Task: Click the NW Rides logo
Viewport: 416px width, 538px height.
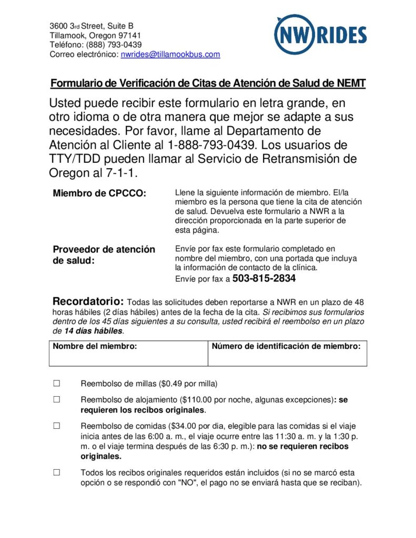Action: click(x=320, y=35)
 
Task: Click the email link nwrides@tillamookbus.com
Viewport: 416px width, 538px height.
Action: click(x=170, y=54)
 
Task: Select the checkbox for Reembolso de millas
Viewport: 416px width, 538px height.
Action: click(x=57, y=383)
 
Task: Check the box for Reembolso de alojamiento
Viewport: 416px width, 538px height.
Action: click(x=57, y=399)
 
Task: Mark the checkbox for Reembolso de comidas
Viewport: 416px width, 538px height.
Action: click(x=57, y=426)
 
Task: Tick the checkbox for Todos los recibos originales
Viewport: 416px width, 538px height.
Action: click(x=57, y=472)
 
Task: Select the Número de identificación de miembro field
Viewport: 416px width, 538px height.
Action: click(x=287, y=357)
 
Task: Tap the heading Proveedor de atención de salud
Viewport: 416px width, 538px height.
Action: click(x=104, y=254)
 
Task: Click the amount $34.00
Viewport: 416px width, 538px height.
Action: click(x=186, y=426)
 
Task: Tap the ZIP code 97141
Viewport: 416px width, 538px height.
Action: click(x=130, y=35)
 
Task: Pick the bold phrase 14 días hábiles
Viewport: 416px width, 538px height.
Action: click(x=93, y=331)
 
